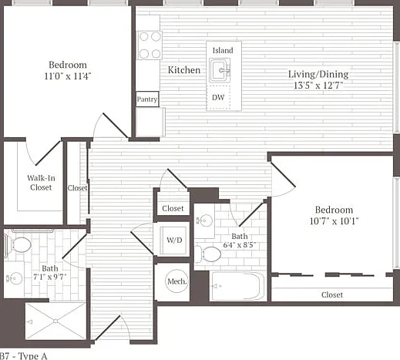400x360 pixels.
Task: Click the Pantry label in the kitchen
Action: pyautogui.click(x=147, y=99)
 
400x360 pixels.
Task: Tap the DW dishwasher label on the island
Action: pyautogui.click(x=218, y=97)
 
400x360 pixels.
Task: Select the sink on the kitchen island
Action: pyautogui.click(x=220, y=70)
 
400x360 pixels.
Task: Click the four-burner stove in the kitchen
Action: pyautogui.click(x=150, y=45)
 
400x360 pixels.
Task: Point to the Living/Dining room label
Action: pyautogui.click(x=318, y=74)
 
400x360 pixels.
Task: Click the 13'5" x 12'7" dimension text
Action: pyautogui.click(x=318, y=86)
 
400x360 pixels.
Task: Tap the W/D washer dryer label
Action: pyautogui.click(x=174, y=240)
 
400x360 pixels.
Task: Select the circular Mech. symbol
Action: pyautogui.click(x=176, y=281)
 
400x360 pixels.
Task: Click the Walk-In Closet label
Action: pyautogui.click(x=41, y=183)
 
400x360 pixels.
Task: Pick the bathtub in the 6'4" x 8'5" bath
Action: pyautogui.click(x=237, y=286)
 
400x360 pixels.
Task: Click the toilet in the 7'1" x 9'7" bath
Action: pyautogui.click(x=18, y=245)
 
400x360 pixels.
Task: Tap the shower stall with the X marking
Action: pyautogui.click(x=55, y=321)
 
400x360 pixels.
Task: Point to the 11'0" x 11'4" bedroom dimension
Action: pyautogui.click(x=68, y=76)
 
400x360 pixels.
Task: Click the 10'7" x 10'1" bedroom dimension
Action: pyautogui.click(x=334, y=221)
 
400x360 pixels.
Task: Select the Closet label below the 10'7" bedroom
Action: pyautogui.click(x=332, y=294)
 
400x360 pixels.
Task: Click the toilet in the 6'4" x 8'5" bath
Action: pyautogui.click(x=208, y=254)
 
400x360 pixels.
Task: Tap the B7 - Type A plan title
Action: pyautogui.click(x=24, y=356)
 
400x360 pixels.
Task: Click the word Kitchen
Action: pyautogui.click(x=184, y=70)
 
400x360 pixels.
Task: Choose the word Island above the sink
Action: pyautogui.click(x=223, y=50)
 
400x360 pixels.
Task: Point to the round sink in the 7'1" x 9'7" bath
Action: pyautogui.click(x=15, y=278)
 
